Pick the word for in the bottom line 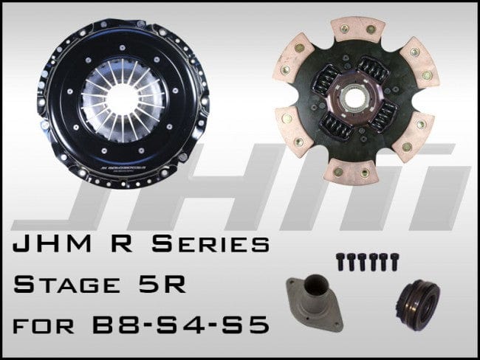point(62,324)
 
